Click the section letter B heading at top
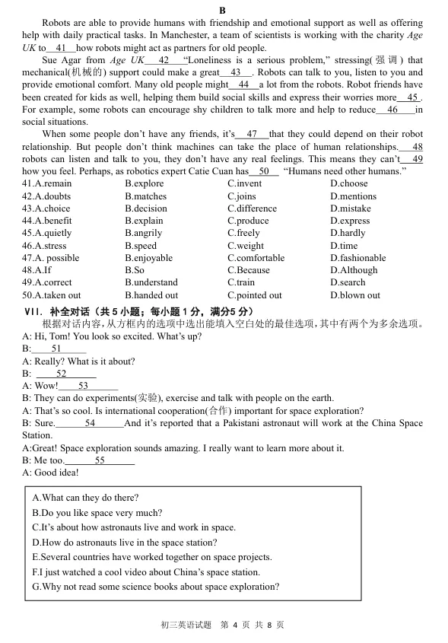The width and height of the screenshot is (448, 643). point(222,10)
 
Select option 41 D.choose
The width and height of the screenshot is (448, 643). point(349,183)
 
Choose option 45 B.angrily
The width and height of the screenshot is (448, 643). point(144,234)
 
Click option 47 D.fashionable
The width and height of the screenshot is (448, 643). point(358,258)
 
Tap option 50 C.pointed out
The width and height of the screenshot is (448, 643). point(255,295)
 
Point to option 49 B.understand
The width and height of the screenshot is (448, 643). point(151,282)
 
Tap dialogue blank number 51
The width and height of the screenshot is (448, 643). point(56,349)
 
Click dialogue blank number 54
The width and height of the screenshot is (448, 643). point(90,423)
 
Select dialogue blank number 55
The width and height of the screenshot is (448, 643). point(100,460)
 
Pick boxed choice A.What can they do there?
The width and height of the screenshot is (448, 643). point(85,498)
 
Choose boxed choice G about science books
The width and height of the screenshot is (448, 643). point(155,587)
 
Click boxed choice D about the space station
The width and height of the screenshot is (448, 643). point(124,543)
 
